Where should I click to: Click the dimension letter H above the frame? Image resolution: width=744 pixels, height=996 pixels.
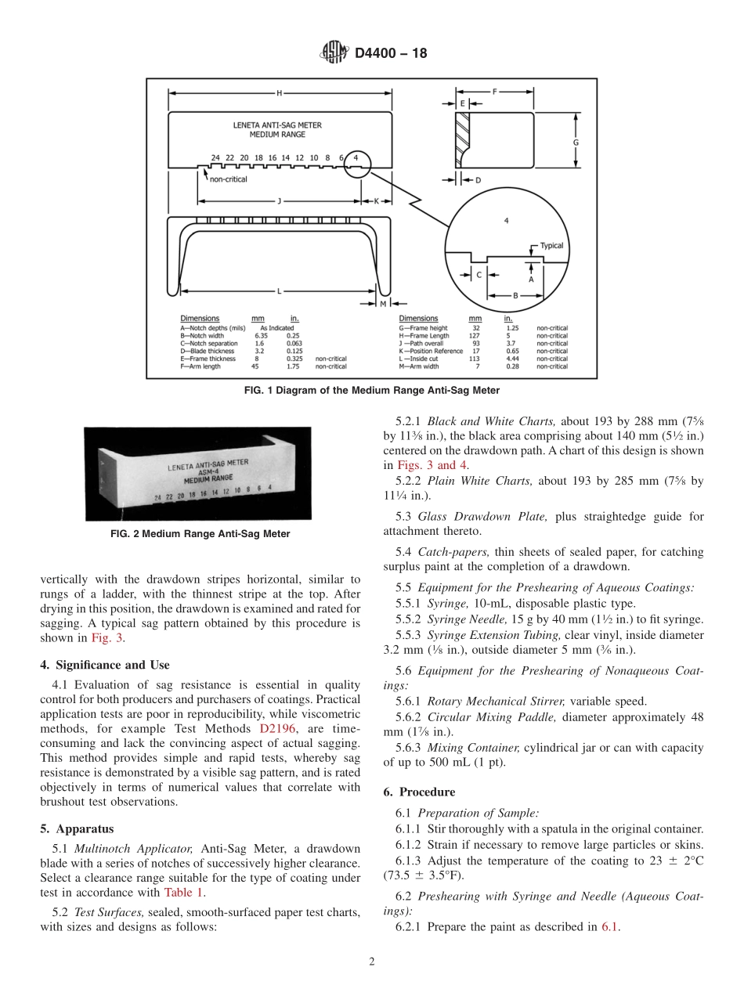click(279, 93)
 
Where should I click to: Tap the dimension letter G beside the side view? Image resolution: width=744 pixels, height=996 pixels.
click(576, 143)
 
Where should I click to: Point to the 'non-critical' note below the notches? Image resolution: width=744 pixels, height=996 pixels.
click(228, 179)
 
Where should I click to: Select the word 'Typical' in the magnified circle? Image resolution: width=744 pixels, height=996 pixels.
click(551, 246)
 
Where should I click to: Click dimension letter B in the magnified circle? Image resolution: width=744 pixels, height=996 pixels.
click(515, 295)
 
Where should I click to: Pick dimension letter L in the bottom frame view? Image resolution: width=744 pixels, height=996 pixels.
click(279, 291)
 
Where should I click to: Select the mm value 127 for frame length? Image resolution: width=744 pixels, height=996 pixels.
click(475, 336)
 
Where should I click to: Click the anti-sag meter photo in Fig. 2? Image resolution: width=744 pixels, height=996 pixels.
click(197, 473)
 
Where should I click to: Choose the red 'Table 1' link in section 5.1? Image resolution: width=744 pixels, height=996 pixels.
click(185, 892)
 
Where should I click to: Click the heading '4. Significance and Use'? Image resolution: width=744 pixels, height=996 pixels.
click(105, 665)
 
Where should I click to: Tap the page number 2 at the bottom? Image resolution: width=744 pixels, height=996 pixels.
click(372, 962)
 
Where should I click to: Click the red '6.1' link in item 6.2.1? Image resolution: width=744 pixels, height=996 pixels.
click(610, 927)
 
